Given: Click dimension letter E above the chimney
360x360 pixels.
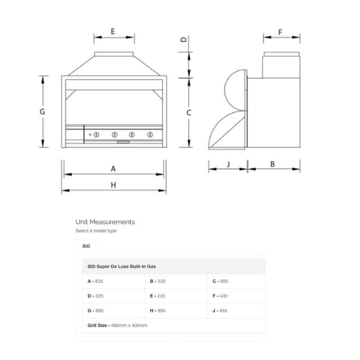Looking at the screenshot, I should click(x=113, y=31).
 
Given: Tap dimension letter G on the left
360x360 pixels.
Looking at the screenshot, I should click(x=42, y=112).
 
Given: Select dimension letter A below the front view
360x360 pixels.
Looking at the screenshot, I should click(x=113, y=169).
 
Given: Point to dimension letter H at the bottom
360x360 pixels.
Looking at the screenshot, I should click(x=113, y=185).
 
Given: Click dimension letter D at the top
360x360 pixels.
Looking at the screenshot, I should click(x=184, y=40).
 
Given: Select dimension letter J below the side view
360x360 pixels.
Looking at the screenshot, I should click(x=228, y=164).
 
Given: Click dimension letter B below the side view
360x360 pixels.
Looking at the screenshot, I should click(x=272, y=164).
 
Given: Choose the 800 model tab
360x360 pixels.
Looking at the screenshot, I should click(x=86, y=246).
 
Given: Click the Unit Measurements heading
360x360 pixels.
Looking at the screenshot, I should click(x=105, y=222).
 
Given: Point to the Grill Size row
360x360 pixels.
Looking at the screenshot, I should click(x=117, y=325).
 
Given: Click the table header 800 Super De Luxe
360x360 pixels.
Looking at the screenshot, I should click(x=121, y=266).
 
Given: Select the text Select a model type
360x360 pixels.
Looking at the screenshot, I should click(x=96, y=231).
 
